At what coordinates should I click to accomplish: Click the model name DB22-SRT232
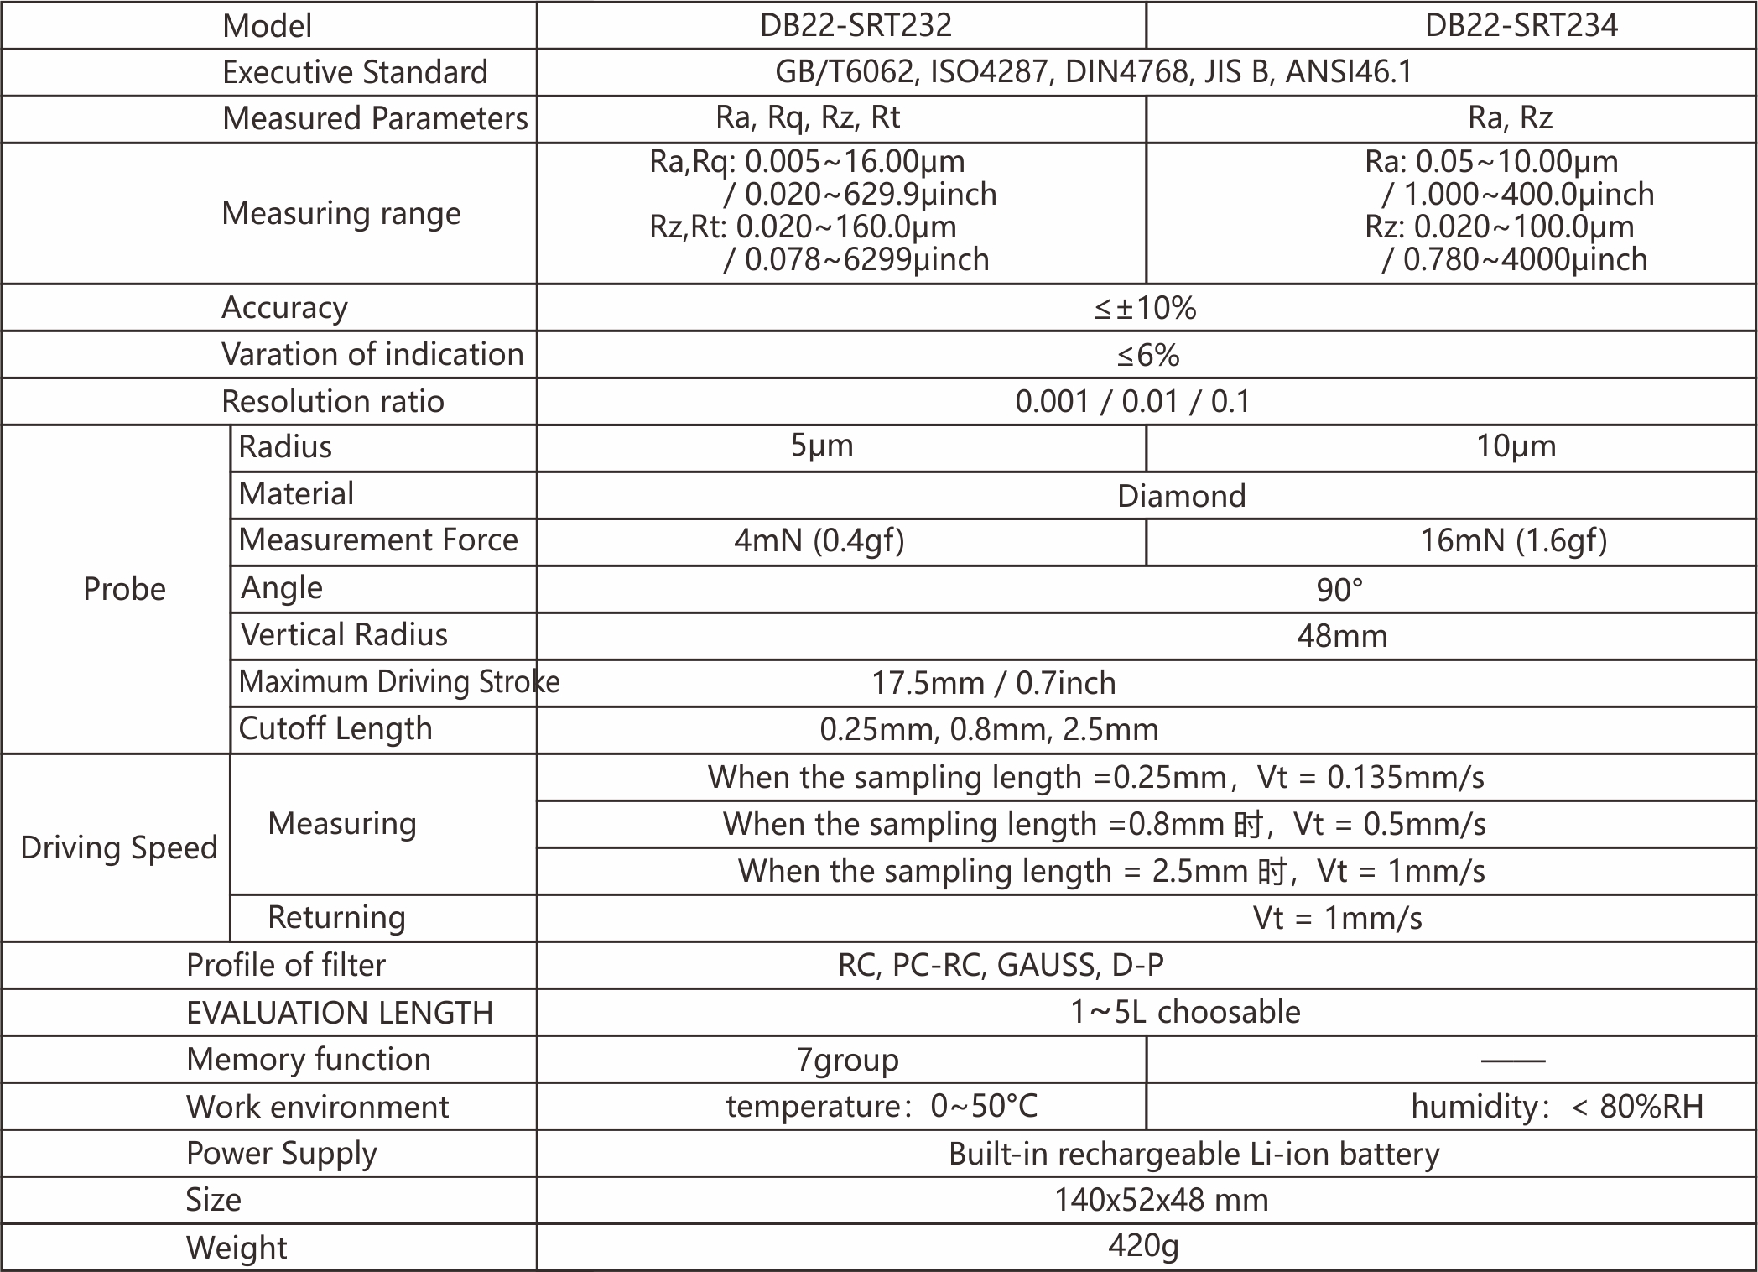tap(856, 25)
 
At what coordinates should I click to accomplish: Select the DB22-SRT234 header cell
tap(1521, 25)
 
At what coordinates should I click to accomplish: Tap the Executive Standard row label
tap(354, 72)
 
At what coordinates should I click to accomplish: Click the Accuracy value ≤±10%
tap(1145, 308)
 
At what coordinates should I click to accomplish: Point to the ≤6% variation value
tap(1147, 355)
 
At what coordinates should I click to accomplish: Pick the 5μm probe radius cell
tap(822, 446)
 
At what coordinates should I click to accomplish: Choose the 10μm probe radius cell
tap(1516, 446)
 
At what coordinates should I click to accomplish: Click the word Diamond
tap(1181, 496)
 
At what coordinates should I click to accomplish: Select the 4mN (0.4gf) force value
tap(819, 540)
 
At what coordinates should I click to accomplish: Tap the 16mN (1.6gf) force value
tap(1513, 540)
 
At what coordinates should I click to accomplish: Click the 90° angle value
tap(1339, 589)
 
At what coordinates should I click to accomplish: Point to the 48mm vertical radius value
tap(1342, 636)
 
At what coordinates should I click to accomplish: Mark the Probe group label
tap(124, 589)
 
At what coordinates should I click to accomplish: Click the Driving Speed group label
tap(118, 847)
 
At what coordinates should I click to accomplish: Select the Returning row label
tap(336, 917)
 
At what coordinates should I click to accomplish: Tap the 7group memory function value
tap(847, 1060)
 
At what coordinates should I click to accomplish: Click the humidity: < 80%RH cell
tap(1557, 1107)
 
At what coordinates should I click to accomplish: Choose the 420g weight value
tap(1143, 1246)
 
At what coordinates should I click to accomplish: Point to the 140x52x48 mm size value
tap(1161, 1200)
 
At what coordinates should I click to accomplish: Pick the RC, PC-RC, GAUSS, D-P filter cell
tap(1001, 965)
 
